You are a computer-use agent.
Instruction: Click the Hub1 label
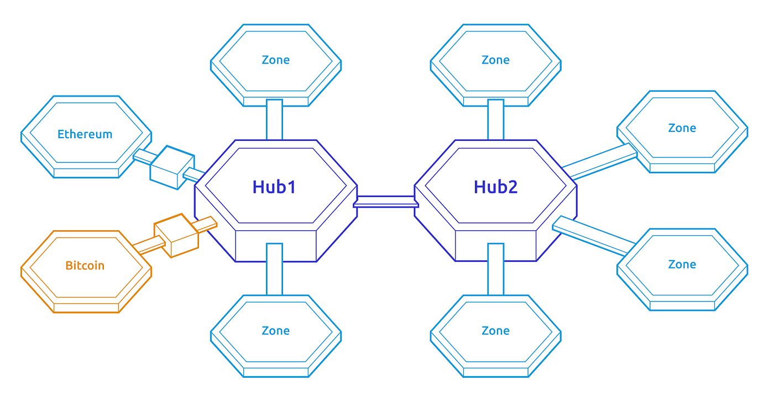tap(274, 187)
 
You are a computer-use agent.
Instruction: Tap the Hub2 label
tap(495, 187)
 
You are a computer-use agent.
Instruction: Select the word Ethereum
tap(85, 134)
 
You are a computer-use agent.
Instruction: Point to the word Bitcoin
tap(85, 266)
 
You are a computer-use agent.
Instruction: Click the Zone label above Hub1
tap(275, 60)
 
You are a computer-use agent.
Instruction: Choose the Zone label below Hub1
tap(275, 331)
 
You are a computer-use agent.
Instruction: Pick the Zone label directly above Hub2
tap(495, 60)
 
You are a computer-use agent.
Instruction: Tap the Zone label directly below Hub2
tap(495, 331)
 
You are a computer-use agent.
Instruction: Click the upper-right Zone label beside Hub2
tap(682, 128)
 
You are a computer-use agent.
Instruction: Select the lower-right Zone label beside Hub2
tap(682, 265)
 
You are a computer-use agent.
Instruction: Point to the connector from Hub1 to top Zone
tap(274, 120)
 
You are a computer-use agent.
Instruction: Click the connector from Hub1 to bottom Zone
tap(274, 269)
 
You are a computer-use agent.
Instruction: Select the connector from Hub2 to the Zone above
tap(495, 120)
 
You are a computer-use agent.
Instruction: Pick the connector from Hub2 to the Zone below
tap(495, 269)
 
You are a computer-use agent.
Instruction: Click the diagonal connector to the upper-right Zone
tap(600, 161)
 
